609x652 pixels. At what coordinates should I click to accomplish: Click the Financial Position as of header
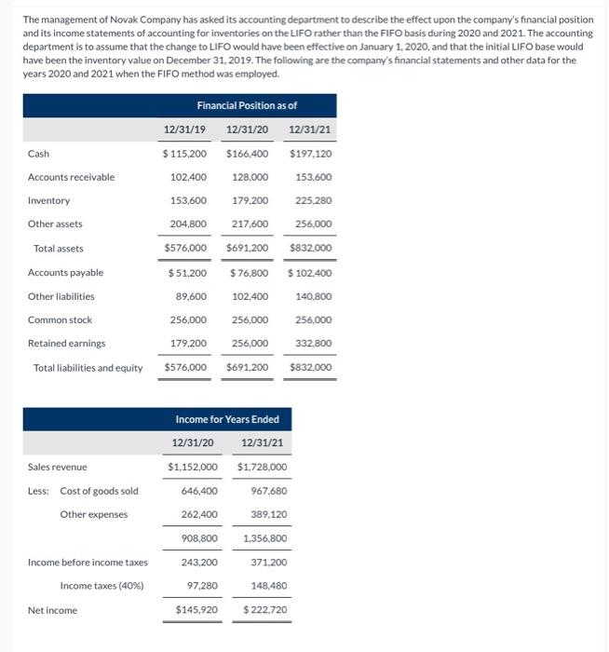247,105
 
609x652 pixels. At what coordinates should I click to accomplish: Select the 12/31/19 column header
184,129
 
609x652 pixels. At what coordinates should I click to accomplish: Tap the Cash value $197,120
311,154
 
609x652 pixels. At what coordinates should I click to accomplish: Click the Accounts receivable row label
72,177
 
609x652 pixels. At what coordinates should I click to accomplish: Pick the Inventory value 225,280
314,200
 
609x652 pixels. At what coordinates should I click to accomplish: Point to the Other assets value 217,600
250,224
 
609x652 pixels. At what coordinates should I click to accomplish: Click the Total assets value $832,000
311,249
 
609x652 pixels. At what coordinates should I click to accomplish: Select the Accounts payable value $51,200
187,273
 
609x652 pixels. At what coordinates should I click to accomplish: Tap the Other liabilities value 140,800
314,296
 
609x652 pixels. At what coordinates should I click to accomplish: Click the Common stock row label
60,319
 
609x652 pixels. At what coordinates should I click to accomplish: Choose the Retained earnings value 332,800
314,344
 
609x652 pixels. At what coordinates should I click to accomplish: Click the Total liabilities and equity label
88,368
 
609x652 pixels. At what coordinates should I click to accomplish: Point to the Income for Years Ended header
227,419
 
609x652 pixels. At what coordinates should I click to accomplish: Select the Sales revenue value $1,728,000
263,467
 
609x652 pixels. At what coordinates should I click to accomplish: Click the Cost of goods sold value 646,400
198,491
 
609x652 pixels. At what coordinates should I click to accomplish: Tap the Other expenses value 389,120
268,514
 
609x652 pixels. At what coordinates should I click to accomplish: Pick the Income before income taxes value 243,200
198,562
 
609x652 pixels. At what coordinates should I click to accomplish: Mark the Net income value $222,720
265,610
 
